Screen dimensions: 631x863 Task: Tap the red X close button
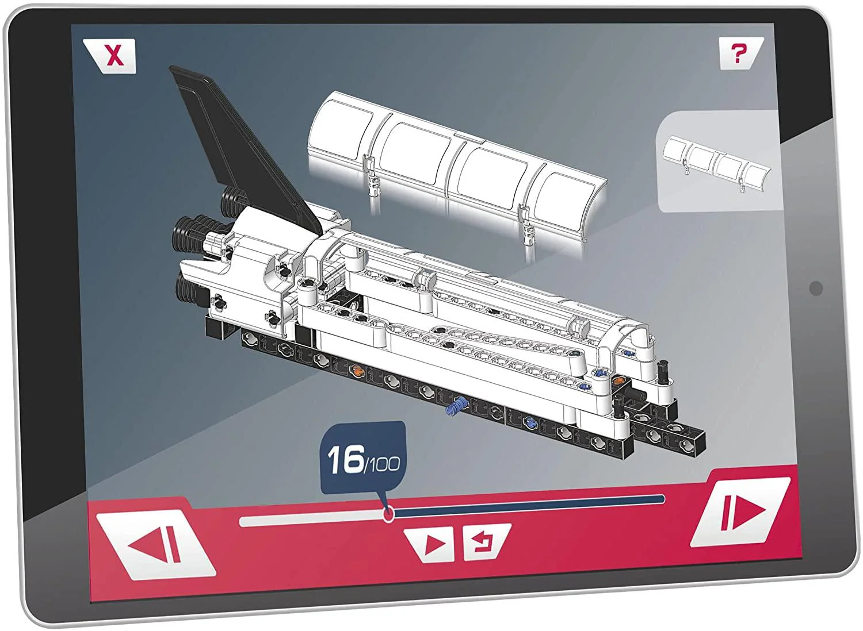(x=115, y=56)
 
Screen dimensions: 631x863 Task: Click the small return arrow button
(x=482, y=541)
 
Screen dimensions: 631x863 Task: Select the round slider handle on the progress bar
(x=388, y=514)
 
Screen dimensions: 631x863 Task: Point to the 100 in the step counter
(x=383, y=464)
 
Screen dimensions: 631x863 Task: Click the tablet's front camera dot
(x=815, y=288)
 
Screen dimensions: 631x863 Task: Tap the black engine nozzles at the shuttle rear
(x=190, y=241)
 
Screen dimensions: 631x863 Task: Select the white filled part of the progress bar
(x=311, y=520)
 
